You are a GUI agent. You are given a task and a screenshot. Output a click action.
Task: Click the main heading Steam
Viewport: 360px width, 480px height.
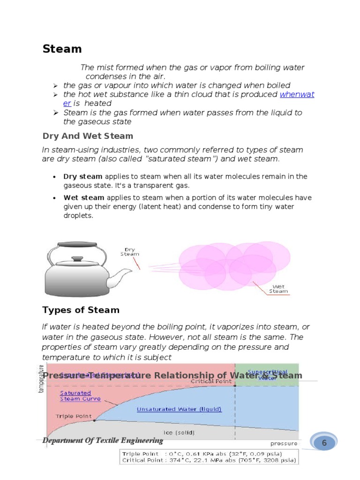point(62,49)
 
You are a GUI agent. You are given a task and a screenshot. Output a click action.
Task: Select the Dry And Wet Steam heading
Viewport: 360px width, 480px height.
point(88,136)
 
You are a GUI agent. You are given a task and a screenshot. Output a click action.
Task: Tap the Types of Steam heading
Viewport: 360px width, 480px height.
point(81,310)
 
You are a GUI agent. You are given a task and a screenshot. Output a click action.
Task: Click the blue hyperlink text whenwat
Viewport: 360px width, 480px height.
point(297,94)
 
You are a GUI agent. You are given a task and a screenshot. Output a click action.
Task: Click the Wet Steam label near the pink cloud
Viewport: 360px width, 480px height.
point(279,289)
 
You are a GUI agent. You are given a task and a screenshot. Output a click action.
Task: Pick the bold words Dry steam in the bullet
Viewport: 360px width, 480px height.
point(82,177)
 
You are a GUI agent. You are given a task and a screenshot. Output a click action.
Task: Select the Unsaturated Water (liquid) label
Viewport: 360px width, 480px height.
point(179,409)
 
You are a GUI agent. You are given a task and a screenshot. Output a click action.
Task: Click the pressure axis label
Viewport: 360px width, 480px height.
point(284,443)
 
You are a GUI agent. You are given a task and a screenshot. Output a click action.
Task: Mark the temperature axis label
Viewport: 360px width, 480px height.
point(41,379)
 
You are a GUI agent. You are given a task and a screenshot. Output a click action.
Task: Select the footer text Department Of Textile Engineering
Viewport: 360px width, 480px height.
point(103,441)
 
